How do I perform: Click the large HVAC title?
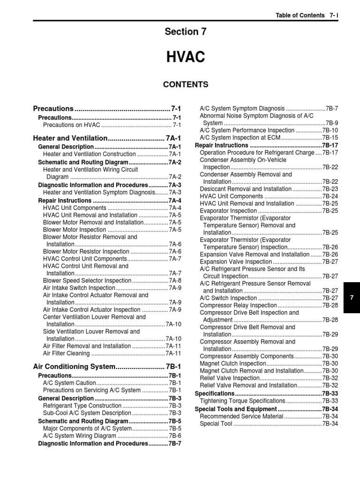click(x=186, y=58)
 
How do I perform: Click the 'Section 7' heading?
click(x=185, y=31)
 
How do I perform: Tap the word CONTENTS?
click(x=185, y=84)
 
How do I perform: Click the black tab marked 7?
click(x=352, y=298)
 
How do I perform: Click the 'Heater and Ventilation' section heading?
click(x=70, y=138)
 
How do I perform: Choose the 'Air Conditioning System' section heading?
click(x=74, y=366)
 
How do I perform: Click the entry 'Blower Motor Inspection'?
click(x=75, y=230)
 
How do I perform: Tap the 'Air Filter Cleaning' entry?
click(x=66, y=353)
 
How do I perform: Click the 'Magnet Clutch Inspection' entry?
click(x=232, y=363)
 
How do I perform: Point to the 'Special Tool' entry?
click(x=216, y=424)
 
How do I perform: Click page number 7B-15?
click(x=330, y=138)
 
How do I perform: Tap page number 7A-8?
click(x=175, y=280)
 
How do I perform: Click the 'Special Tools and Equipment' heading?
click(x=235, y=409)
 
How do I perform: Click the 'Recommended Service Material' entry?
click(x=241, y=416)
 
